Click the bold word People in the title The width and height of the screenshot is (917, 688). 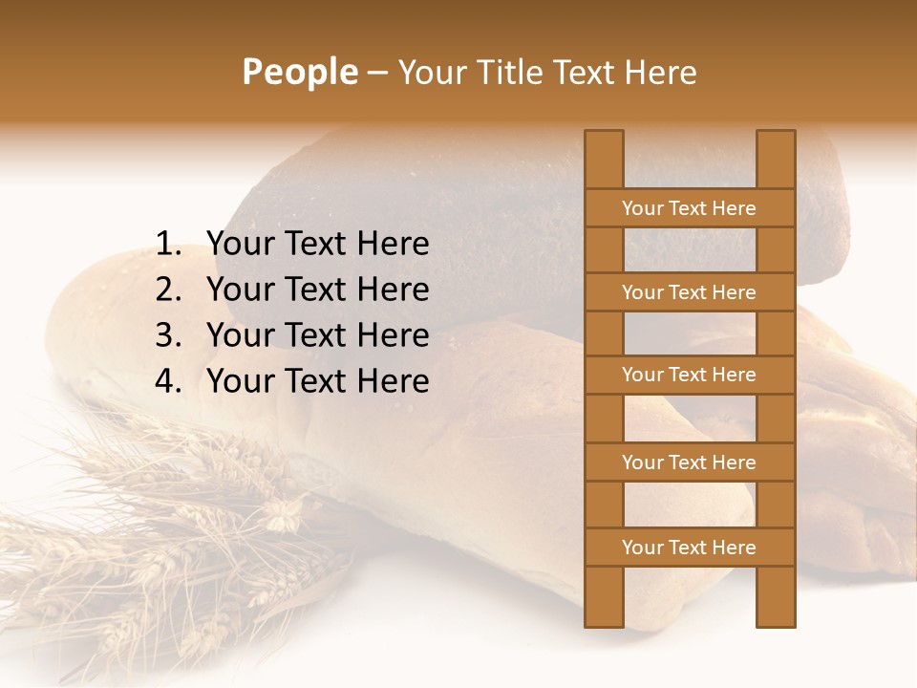coord(300,72)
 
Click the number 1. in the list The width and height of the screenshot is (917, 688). coord(169,245)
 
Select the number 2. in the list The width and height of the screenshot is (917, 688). coord(169,290)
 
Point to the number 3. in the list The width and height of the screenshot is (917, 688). coord(169,335)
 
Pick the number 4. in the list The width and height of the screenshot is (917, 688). coord(169,381)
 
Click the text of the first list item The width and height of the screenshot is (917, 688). coord(317,245)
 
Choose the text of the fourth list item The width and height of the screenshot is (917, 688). coord(317,381)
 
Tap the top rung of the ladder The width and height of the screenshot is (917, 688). coord(689,208)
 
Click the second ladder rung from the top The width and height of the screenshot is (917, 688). coord(689,292)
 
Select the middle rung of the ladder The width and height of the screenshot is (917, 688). coord(689,375)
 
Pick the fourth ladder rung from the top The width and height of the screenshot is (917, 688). coord(689,462)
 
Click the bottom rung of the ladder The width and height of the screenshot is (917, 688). coord(689,548)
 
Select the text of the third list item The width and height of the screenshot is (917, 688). coord(317,335)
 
